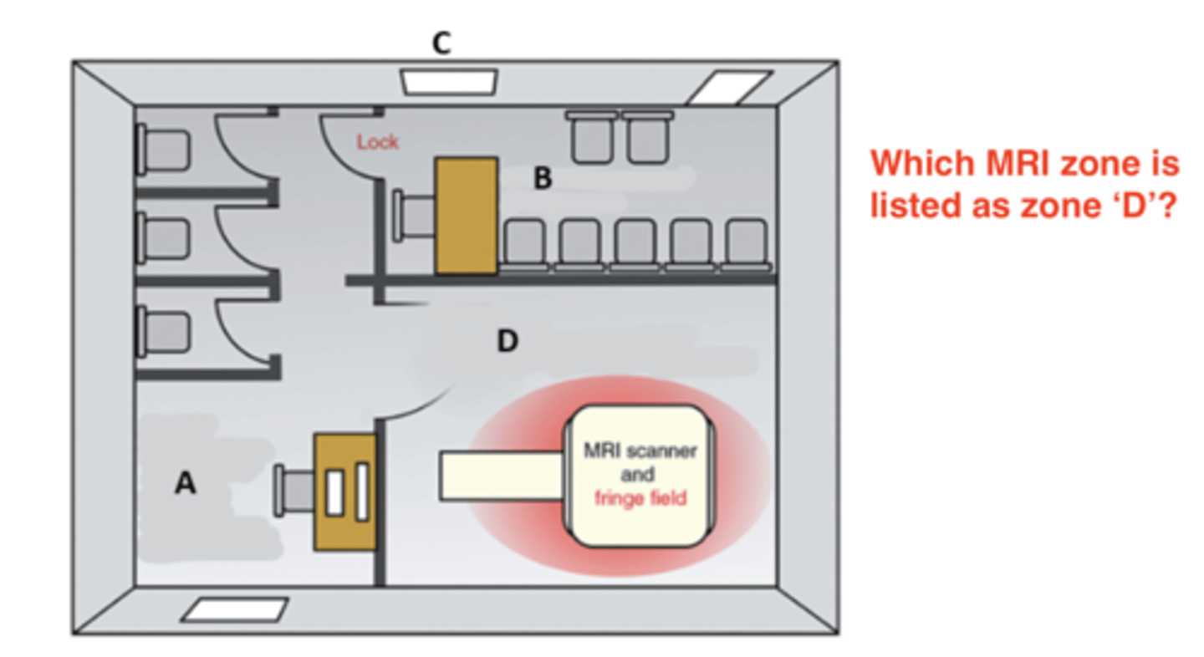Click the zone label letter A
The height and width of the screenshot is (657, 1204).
185,483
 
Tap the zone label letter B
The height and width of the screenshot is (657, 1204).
543,178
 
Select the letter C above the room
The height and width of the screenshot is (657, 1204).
441,44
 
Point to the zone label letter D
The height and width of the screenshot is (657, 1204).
507,341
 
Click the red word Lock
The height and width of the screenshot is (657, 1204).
378,142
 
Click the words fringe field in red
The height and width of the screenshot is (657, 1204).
640,499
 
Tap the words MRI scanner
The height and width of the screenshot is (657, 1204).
640,451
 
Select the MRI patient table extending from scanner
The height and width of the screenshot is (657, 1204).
502,476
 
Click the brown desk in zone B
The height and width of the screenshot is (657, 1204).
466,215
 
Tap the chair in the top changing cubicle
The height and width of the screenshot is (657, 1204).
163,150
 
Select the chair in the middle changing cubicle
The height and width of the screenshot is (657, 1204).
163,238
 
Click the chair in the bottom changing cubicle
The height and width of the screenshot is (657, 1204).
163,329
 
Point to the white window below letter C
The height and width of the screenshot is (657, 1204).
448,82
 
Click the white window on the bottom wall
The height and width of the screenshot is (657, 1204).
235,609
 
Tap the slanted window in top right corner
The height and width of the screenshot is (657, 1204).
727,88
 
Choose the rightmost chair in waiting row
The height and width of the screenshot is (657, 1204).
744,242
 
